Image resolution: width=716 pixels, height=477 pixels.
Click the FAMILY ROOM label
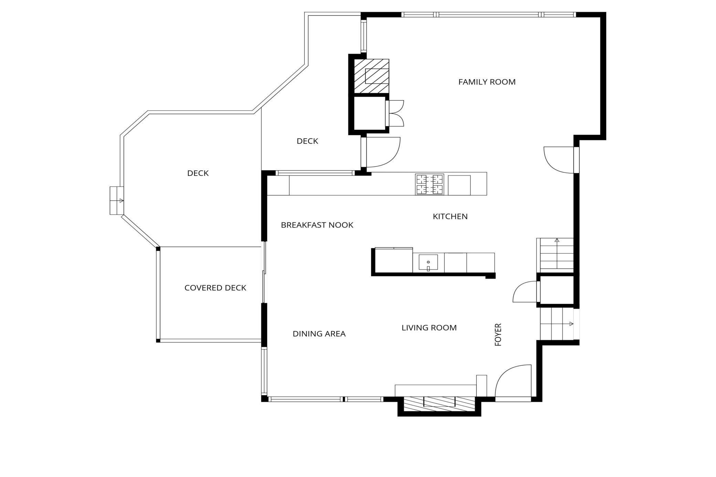tap(487, 82)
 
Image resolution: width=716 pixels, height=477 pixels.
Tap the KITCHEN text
tap(450, 216)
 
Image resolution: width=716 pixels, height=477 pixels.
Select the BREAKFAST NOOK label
tap(317, 225)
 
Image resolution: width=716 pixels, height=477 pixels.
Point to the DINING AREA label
tap(319, 334)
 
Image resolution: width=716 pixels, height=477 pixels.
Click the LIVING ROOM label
tap(429, 328)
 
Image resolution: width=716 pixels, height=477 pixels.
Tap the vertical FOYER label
tap(498, 335)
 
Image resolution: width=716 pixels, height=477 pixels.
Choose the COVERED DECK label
tap(215, 288)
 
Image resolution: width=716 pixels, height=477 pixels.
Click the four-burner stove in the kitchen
tap(429, 184)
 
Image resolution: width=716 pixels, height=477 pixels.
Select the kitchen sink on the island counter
tap(428, 263)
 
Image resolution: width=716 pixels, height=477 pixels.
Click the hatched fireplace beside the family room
tap(372, 76)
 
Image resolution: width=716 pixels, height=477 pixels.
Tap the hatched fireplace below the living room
tap(439, 404)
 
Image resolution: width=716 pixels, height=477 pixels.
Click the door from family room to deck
tap(382, 151)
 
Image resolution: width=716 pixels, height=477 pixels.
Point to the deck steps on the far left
tap(116, 201)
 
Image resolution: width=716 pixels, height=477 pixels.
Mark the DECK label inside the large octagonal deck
tap(198, 173)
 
